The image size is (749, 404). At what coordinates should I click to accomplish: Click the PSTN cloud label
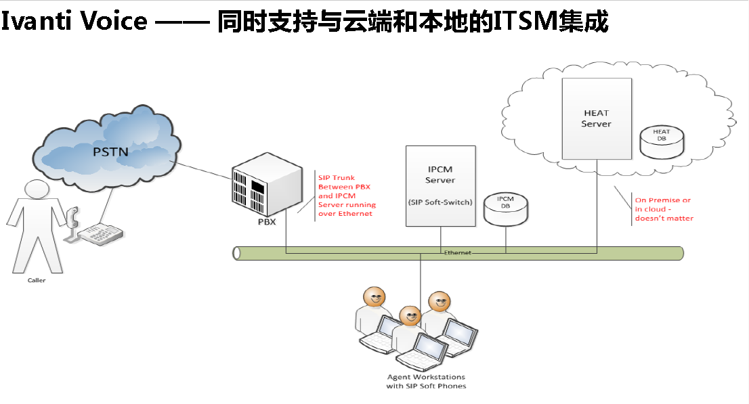(110, 151)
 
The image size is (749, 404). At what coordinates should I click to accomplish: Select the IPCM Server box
(440, 185)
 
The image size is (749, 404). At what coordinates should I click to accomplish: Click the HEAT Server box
(596, 118)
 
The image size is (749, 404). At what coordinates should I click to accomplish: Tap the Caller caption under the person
(37, 280)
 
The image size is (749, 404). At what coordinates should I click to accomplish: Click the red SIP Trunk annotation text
(347, 196)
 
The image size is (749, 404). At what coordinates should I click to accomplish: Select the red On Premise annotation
(664, 209)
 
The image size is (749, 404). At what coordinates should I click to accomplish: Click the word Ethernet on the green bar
(457, 252)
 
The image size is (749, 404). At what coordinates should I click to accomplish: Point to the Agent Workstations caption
(426, 381)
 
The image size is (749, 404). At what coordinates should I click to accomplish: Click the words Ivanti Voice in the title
(73, 21)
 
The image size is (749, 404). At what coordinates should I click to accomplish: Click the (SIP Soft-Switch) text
(440, 202)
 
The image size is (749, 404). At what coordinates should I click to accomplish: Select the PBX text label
(268, 222)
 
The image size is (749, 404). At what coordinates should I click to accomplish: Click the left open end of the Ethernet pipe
(236, 253)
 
